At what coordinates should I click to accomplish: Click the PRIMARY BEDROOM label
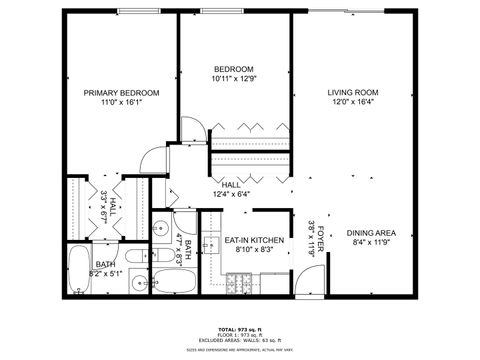(122, 92)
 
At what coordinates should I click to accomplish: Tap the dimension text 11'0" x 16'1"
(122, 102)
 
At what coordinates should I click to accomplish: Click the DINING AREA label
(371, 233)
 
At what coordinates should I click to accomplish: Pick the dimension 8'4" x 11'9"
(371, 243)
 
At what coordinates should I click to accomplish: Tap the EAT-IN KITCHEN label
(254, 241)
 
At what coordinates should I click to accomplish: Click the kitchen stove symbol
(239, 284)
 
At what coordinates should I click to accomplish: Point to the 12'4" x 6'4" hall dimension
(231, 194)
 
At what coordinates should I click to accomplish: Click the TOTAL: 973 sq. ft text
(239, 328)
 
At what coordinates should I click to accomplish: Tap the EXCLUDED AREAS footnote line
(239, 340)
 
